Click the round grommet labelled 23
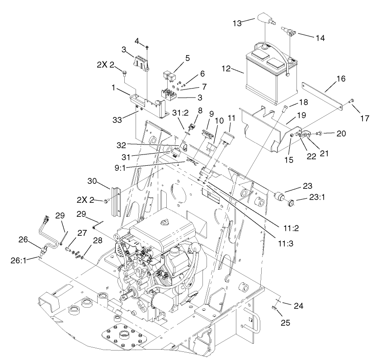[280, 196]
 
